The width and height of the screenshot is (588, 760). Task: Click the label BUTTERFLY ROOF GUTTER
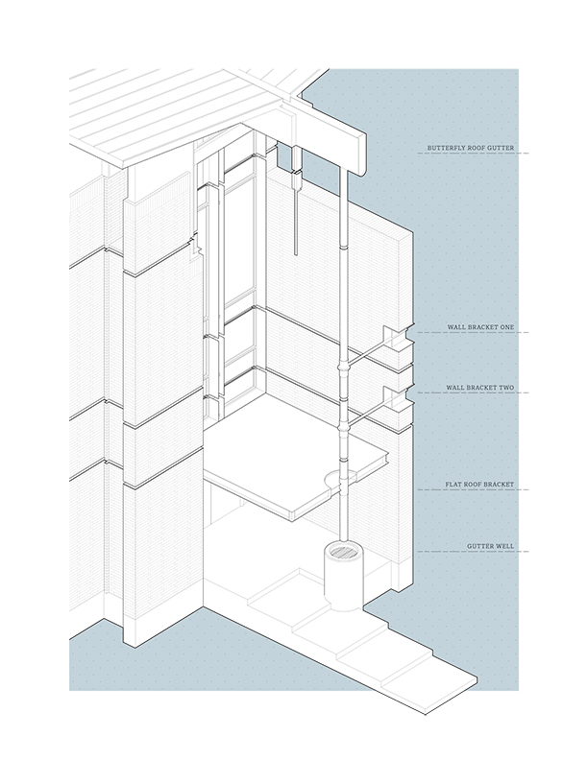tap(471, 149)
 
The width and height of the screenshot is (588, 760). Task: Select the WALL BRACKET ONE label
tap(480, 327)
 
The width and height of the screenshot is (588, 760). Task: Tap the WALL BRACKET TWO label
tap(480, 388)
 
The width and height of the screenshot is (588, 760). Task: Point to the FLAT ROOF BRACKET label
tap(479, 485)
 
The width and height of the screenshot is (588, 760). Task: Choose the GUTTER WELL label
tap(490, 546)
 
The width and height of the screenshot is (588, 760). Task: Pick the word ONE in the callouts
tap(505, 327)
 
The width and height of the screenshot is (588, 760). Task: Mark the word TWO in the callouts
tap(505, 388)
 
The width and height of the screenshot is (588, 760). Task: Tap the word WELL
tap(504, 546)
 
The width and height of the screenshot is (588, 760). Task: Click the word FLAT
tap(453, 485)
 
